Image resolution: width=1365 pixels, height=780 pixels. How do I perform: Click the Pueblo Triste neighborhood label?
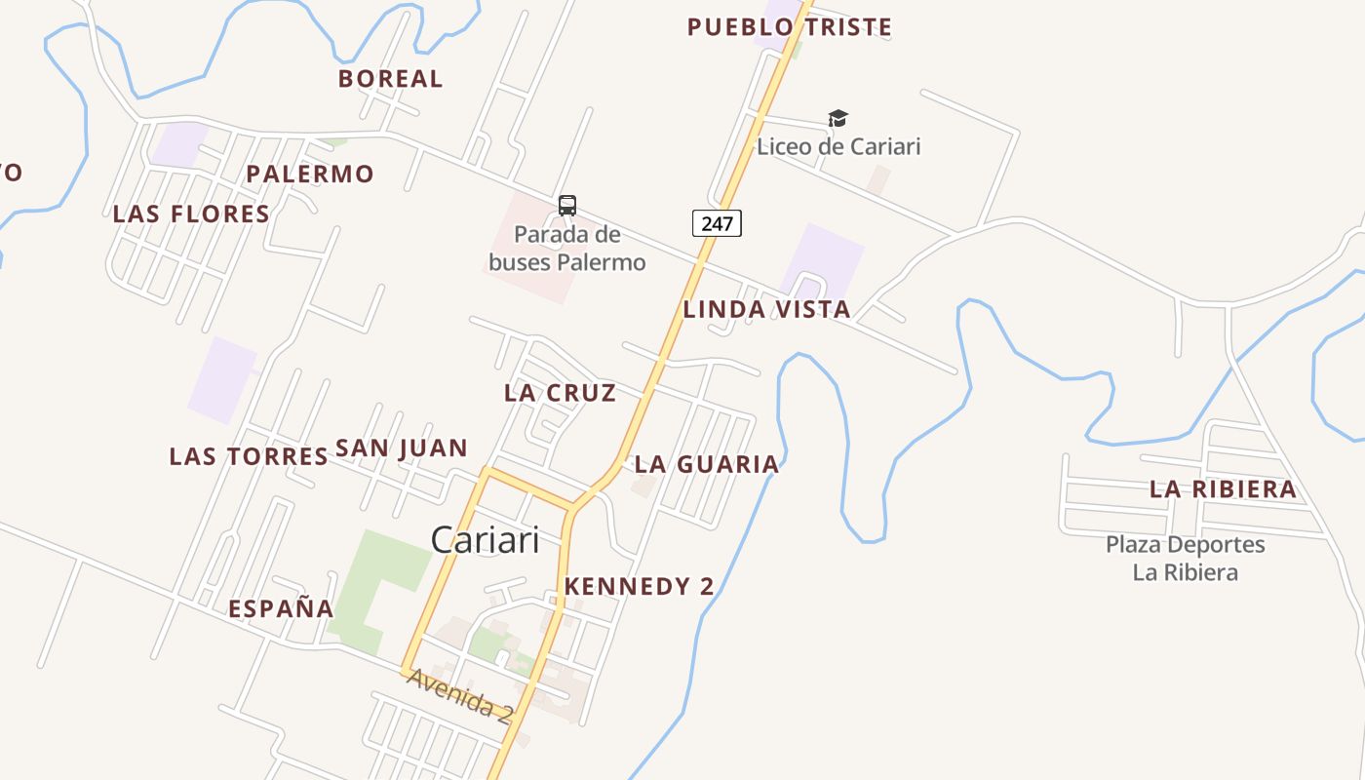(x=789, y=27)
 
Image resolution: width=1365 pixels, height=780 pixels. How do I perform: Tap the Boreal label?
(x=390, y=79)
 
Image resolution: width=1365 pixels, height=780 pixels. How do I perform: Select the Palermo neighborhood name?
(x=309, y=175)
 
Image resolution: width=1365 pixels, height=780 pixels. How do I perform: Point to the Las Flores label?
(x=191, y=214)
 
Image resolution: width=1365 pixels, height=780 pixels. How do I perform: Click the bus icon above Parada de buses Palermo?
(x=567, y=206)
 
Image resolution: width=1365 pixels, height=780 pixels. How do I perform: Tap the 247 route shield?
(x=717, y=223)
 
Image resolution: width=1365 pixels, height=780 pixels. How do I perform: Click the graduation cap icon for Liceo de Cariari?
(x=838, y=119)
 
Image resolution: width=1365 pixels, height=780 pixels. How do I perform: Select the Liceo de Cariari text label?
(x=838, y=147)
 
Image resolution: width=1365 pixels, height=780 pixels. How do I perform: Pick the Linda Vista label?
(x=766, y=310)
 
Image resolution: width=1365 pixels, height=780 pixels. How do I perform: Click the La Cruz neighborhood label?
(x=560, y=393)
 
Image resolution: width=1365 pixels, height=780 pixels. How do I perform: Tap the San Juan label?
(x=402, y=448)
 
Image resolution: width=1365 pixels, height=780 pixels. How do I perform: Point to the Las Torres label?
(x=249, y=456)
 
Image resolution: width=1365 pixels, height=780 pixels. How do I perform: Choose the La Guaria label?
(x=707, y=465)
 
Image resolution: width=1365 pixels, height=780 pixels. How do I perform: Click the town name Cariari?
(x=485, y=540)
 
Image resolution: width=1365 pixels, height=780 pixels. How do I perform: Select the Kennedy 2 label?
(x=639, y=587)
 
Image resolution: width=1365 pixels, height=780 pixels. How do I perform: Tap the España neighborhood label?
(x=281, y=609)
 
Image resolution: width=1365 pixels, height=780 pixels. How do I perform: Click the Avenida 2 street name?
(x=459, y=695)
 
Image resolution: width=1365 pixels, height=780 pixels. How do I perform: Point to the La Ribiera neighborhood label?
(x=1223, y=489)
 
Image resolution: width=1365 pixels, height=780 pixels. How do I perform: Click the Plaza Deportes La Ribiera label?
(x=1185, y=558)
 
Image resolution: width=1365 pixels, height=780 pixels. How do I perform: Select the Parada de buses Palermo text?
(x=566, y=249)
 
